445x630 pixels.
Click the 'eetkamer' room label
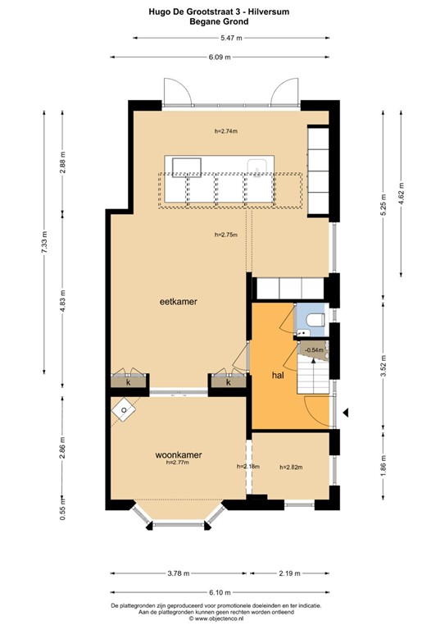(x=178, y=302)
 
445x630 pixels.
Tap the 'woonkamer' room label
(x=179, y=454)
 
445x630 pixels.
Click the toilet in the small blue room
(x=316, y=317)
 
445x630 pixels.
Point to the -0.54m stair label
(x=314, y=350)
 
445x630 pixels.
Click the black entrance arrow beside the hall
(x=347, y=411)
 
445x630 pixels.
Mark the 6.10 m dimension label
(x=221, y=591)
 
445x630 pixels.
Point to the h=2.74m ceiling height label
(x=225, y=130)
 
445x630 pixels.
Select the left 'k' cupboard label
(x=128, y=381)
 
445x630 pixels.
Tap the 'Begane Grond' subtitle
(x=222, y=22)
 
